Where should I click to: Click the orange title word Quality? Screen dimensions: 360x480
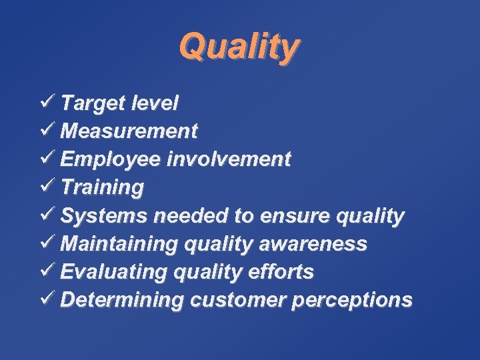click(x=239, y=47)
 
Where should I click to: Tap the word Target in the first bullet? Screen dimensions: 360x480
click(x=91, y=103)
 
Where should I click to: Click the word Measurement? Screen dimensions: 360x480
click(x=129, y=131)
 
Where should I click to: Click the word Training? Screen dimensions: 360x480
click(x=101, y=188)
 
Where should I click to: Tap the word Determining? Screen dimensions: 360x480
click(x=121, y=300)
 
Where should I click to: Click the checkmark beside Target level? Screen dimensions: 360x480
click(x=47, y=102)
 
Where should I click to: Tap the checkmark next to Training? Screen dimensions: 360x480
click(x=47, y=187)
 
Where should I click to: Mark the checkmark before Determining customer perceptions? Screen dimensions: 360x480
click(x=47, y=299)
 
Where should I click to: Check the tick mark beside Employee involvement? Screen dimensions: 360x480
click(x=47, y=159)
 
